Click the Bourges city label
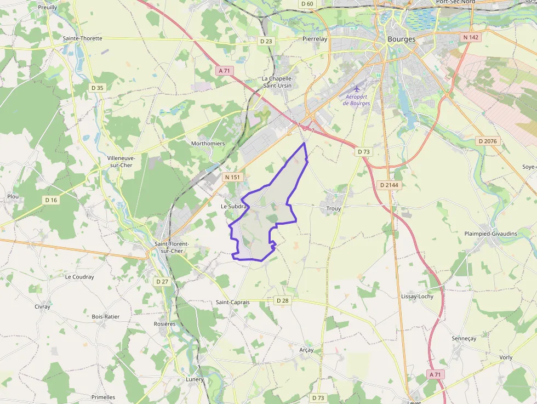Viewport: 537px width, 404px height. pos(401,39)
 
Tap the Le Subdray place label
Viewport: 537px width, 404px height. pos(235,206)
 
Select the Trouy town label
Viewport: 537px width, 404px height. pos(333,209)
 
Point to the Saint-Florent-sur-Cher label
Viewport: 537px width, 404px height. pos(172,247)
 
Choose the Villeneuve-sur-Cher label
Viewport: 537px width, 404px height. pos(121,162)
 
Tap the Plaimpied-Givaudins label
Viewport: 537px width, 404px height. pos(490,234)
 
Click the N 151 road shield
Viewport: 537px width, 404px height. pos(232,177)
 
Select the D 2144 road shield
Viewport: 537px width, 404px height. pos(389,185)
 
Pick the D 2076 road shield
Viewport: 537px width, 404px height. pos(487,141)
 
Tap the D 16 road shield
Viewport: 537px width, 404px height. pos(51,200)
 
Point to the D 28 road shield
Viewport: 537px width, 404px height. pos(282,300)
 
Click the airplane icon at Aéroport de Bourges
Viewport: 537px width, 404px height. pos(358,88)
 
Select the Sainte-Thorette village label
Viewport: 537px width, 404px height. pos(82,38)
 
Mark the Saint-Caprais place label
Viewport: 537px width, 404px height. pos(232,303)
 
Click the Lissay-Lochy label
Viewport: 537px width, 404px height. pos(417,297)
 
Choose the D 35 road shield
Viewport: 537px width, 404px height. pos(98,88)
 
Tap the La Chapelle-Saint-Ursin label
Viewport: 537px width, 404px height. pos(277,82)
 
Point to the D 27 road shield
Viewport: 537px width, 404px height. pos(162,282)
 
